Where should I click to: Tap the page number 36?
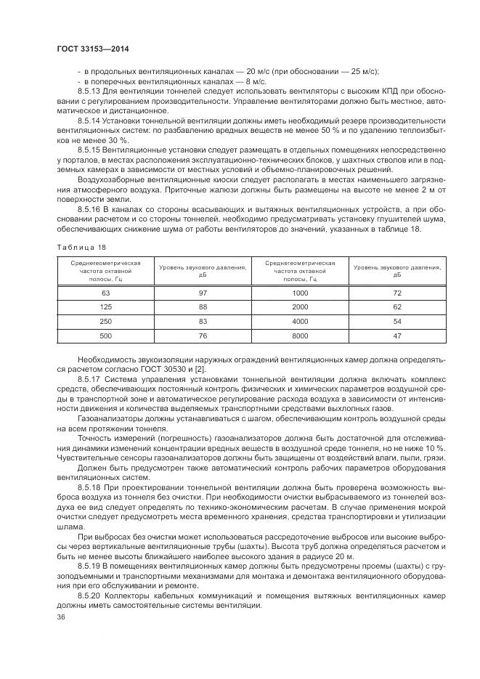[x=61, y=617]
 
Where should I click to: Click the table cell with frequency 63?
[x=105, y=293]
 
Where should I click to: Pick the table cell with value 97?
[x=203, y=293]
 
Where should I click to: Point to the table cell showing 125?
[x=105, y=307]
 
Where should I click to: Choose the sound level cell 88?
[x=203, y=307]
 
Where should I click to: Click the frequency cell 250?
[x=105, y=321]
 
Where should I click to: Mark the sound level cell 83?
[x=203, y=321]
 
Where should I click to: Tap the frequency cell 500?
[x=105, y=336]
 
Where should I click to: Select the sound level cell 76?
[x=203, y=336]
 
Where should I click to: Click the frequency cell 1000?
[x=300, y=293]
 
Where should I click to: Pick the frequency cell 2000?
[x=300, y=307]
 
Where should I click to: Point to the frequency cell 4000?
[x=300, y=321]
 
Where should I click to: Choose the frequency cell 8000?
[x=300, y=336]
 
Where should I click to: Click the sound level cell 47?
[x=397, y=336]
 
